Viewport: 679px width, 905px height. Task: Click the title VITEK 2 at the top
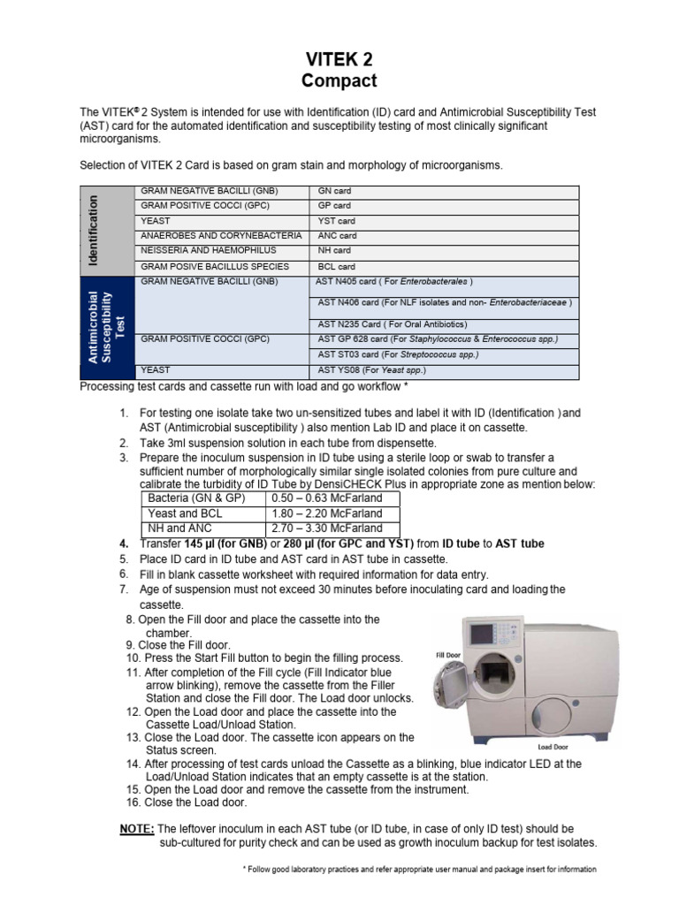[x=339, y=60]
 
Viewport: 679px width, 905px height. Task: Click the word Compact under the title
[x=339, y=81]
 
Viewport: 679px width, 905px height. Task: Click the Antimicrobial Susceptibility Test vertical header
[x=104, y=327]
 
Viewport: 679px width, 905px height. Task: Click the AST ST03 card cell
[x=398, y=354]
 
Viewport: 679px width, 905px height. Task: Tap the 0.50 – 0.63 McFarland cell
[x=332, y=498]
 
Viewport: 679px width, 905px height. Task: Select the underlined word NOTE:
[x=136, y=829]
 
